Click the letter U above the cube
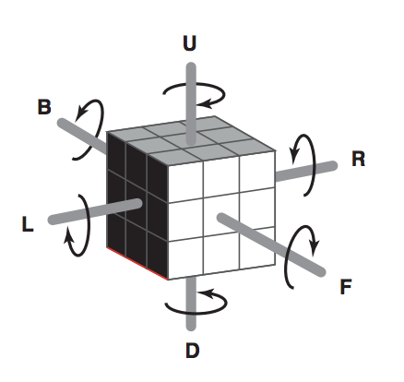pos(189,43)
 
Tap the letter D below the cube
pos(193,351)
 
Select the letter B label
pos(44,107)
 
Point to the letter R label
pos(359,159)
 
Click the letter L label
pos(28,224)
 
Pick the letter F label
pos(346,287)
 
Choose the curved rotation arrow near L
pos(89,224)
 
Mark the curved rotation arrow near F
pos(287,258)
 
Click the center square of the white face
pos(221,215)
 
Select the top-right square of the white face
pos(257,172)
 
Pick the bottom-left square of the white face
pos(185,257)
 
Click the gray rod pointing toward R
pos(306,171)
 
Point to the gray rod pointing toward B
pos(82,136)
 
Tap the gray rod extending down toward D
pos(191,303)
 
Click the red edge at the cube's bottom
pos(137,264)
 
